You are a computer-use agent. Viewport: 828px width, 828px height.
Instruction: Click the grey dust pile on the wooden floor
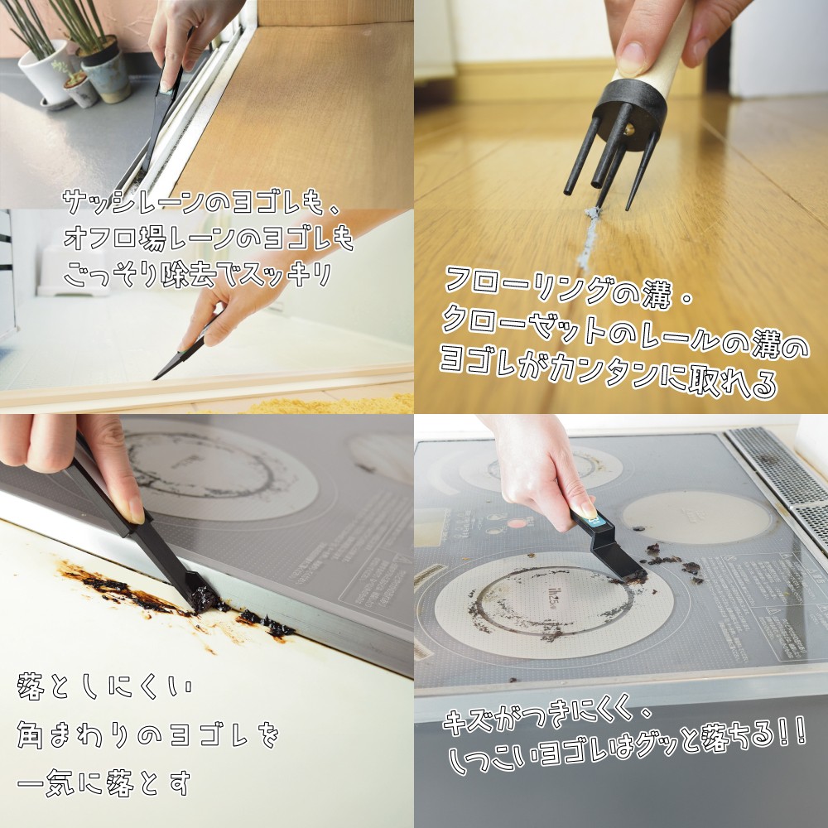point(588,238)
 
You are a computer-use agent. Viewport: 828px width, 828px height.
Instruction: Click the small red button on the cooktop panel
point(517,522)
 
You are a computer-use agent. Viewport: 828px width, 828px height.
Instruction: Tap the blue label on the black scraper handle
point(594,521)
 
